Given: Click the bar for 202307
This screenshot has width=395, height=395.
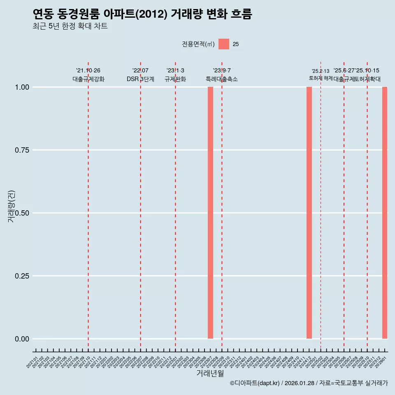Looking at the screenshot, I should [x=210, y=213].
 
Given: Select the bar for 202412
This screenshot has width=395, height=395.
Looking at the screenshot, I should [x=309, y=213].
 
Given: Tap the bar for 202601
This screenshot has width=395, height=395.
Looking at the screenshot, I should [x=385, y=213].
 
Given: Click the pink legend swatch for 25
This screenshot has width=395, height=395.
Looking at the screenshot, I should [x=224, y=44].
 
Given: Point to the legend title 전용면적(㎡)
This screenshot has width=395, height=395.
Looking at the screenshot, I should [x=198, y=44].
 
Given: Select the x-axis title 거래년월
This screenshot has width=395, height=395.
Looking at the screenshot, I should [x=210, y=374].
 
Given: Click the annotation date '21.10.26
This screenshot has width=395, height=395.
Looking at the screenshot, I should [x=88, y=71].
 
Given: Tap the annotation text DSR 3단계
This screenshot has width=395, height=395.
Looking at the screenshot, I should [x=140, y=79].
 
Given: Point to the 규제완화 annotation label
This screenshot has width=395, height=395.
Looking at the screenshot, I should [x=175, y=79].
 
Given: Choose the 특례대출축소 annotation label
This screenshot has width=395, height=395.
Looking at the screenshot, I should [x=222, y=79].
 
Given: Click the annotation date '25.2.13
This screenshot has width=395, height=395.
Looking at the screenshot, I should [x=321, y=71].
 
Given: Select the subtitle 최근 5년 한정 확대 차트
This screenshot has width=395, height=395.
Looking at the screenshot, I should [x=70, y=26].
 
